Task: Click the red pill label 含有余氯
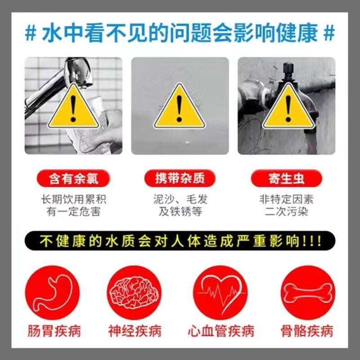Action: pyautogui.click(x=73, y=179)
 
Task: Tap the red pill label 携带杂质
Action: pyautogui.click(x=180, y=179)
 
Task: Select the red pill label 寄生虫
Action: pyautogui.click(x=287, y=179)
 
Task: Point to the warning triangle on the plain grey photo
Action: pyautogui.click(x=180, y=108)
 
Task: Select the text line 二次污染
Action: pyautogui.click(x=287, y=211)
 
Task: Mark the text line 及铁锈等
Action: pyautogui.click(x=180, y=211)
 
